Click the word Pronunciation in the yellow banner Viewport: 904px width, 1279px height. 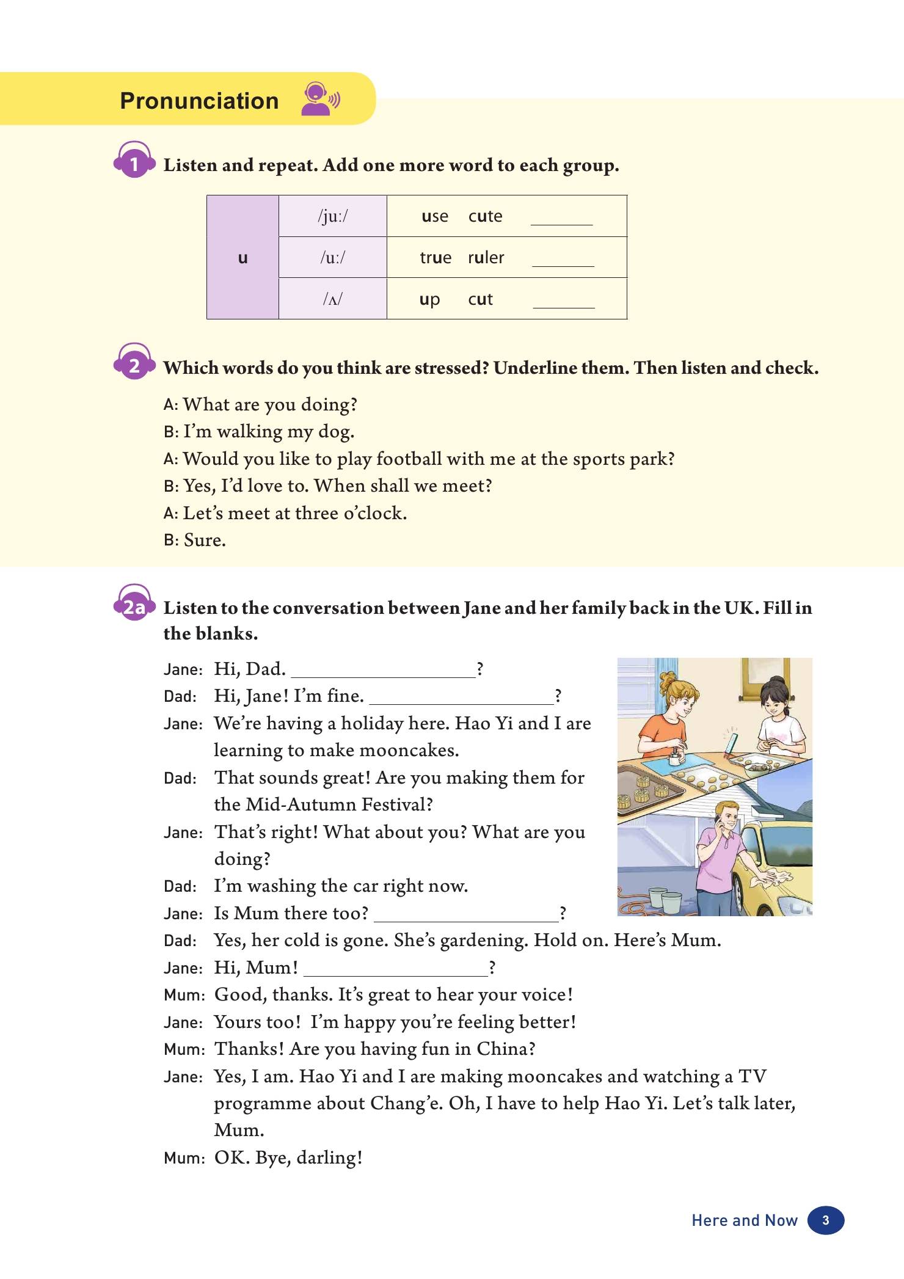click(199, 101)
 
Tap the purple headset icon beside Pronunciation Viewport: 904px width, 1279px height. click(319, 99)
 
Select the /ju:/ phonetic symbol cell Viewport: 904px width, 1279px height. click(332, 216)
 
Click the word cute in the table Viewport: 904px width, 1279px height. click(485, 216)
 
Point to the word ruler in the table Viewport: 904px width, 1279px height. click(486, 258)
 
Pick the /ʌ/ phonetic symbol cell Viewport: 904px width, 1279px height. click(332, 299)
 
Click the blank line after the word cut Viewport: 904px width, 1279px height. click(563, 302)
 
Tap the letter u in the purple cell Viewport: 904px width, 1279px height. click(242, 258)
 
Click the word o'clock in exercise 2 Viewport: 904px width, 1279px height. click(375, 513)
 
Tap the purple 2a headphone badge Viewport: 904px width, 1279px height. click(134, 605)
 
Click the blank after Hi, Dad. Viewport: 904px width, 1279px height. click(383, 671)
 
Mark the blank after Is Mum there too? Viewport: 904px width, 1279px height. click(466, 915)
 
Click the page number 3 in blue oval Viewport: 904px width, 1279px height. click(825, 1220)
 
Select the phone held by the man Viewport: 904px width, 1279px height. click(718, 822)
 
